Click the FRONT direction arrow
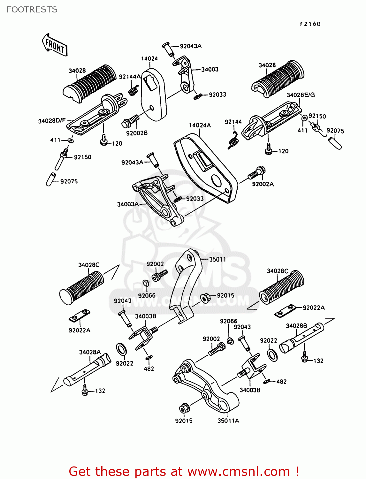55,45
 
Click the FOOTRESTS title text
32,10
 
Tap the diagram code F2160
310,24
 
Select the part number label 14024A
200,125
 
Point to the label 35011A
228,421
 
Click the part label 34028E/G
300,95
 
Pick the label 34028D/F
52,121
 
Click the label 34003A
128,204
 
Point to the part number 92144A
129,77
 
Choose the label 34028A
90,352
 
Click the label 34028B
296,325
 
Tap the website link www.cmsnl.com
238,471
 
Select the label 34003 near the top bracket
210,69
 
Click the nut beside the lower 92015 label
184,408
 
